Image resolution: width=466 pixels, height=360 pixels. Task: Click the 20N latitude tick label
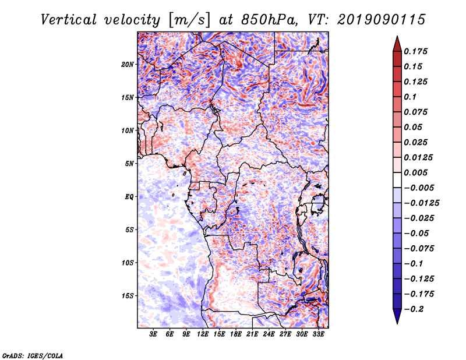tap(128, 64)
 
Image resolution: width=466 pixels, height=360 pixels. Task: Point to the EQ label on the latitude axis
tap(129, 197)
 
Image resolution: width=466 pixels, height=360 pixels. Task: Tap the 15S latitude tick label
tap(128, 296)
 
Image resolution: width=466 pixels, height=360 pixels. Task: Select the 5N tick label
tap(129, 164)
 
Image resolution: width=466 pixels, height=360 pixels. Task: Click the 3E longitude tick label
tap(153, 334)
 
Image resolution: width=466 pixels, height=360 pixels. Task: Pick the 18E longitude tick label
tap(236, 334)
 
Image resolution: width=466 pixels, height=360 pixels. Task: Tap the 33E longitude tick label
tap(318, 334)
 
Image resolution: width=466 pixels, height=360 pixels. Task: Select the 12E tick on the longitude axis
tap(203, 334)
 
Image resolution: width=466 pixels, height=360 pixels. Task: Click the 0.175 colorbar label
tap(415, 51)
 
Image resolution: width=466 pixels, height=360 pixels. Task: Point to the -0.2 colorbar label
tap(414, 309)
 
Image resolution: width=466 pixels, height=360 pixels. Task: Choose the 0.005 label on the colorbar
tap(415, 172)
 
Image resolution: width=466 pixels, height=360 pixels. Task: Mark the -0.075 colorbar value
tap(419, 249)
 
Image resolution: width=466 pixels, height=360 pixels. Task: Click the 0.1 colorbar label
tap(410, 97)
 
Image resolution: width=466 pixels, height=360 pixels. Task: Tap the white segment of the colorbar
tap(397, 180)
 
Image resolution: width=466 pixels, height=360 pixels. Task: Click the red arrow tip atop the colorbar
tap(397, 37)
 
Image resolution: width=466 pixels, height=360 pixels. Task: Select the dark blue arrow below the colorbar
tap(397, 316)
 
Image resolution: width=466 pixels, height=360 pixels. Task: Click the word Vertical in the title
tap(69, 20)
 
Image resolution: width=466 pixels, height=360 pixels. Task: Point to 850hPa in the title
tap(269, 20)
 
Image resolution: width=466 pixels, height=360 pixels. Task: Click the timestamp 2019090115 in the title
tap(381, 20)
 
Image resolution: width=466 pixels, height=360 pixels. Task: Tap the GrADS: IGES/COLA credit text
tap(33, 355)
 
